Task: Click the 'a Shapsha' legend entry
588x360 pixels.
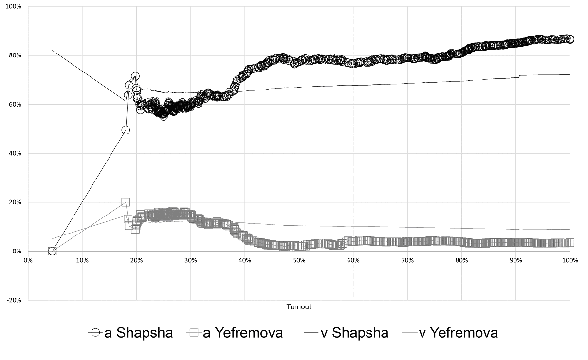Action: [130, 333]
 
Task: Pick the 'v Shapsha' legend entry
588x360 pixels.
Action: [346, 333]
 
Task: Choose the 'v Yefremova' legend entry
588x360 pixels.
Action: [450, 333]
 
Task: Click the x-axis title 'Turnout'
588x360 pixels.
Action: [298, 307]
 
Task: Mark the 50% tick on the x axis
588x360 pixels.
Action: [298, 260]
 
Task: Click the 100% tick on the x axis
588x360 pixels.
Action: [570, 260]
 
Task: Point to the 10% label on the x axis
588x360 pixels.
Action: [82, 260]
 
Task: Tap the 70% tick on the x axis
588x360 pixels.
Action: [407, 260]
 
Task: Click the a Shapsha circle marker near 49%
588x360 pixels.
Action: [126, 130]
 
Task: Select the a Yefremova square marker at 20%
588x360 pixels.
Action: [126, 202]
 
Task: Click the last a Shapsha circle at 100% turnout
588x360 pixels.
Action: [570, 39]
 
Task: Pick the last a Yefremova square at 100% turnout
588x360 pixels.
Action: [570, 242]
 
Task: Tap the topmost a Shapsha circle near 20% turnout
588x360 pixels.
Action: [135, 76]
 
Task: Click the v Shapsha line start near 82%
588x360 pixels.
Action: [53, 50]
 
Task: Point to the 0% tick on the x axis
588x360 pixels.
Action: [28, 260]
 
